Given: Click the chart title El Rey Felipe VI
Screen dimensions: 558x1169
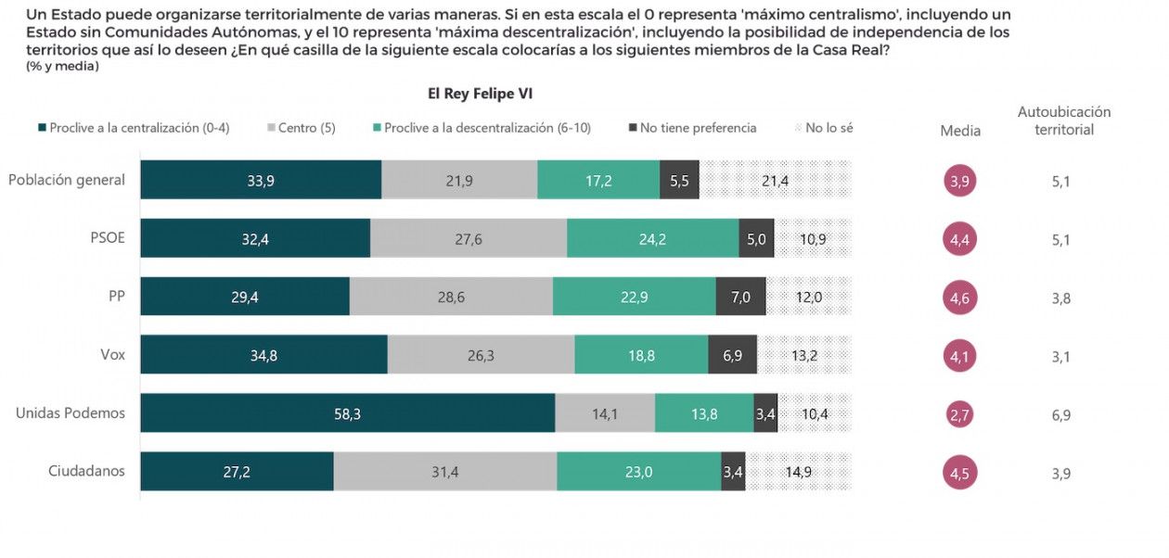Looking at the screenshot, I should (480, 94).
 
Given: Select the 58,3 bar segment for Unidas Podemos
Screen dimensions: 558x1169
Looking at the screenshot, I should (348, 413).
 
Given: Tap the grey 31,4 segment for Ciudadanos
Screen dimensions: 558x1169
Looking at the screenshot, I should (445, 472).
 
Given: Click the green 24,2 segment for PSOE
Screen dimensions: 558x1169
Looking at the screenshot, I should (652, 238).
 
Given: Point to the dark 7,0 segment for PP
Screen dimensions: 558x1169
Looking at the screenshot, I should (740, 297).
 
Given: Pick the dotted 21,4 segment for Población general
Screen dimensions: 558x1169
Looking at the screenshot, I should (775, 180).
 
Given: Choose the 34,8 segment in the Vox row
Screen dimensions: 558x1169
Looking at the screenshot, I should (263, 355).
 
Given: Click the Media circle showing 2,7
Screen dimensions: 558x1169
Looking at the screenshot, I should (960, 414).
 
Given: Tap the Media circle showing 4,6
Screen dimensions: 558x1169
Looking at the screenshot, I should (960, 298).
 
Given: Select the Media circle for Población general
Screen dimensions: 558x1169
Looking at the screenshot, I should (960, 181).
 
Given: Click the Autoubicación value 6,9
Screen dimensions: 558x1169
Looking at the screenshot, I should (1061, 414).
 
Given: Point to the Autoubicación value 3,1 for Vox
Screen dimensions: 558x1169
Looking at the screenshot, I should (1061, 356).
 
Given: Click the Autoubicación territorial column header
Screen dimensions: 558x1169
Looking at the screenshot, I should (1064, 120).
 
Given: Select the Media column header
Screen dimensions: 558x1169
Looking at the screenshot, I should (960, 131).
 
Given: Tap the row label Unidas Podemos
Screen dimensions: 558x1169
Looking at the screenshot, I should (71, 413).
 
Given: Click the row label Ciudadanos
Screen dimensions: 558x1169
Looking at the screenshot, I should (86, 472).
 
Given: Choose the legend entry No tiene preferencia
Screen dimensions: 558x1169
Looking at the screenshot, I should (698, 128).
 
